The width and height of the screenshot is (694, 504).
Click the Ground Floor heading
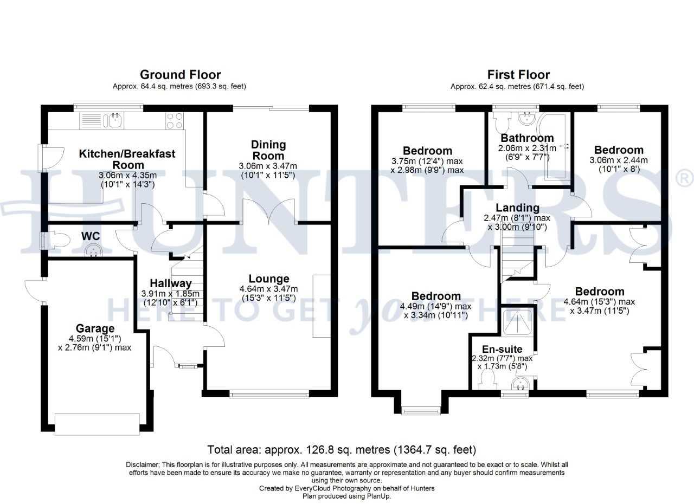[x=180, y=75]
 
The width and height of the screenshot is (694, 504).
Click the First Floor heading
[x=518, y=75]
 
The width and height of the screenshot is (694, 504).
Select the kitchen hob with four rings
[x=174, y=120]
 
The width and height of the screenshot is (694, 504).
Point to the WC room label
[x=90, y=236]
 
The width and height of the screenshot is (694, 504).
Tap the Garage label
[x=95, y=328]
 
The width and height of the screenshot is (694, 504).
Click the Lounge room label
[x=269, y=279]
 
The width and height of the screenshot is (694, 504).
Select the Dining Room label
[x=268, y=150]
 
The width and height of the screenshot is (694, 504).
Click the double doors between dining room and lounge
[x=269, y=211]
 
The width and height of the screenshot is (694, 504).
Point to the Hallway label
[x=171, y=283]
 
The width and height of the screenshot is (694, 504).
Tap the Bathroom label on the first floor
[x=527, y=138]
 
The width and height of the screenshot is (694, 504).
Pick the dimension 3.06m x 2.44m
[x=619, y=160]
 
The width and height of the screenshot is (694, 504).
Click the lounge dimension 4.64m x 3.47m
[x=269, y=289]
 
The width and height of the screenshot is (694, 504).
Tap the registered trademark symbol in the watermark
[x=683, y=177]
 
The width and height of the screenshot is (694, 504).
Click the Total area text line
[x=342, y=449]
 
